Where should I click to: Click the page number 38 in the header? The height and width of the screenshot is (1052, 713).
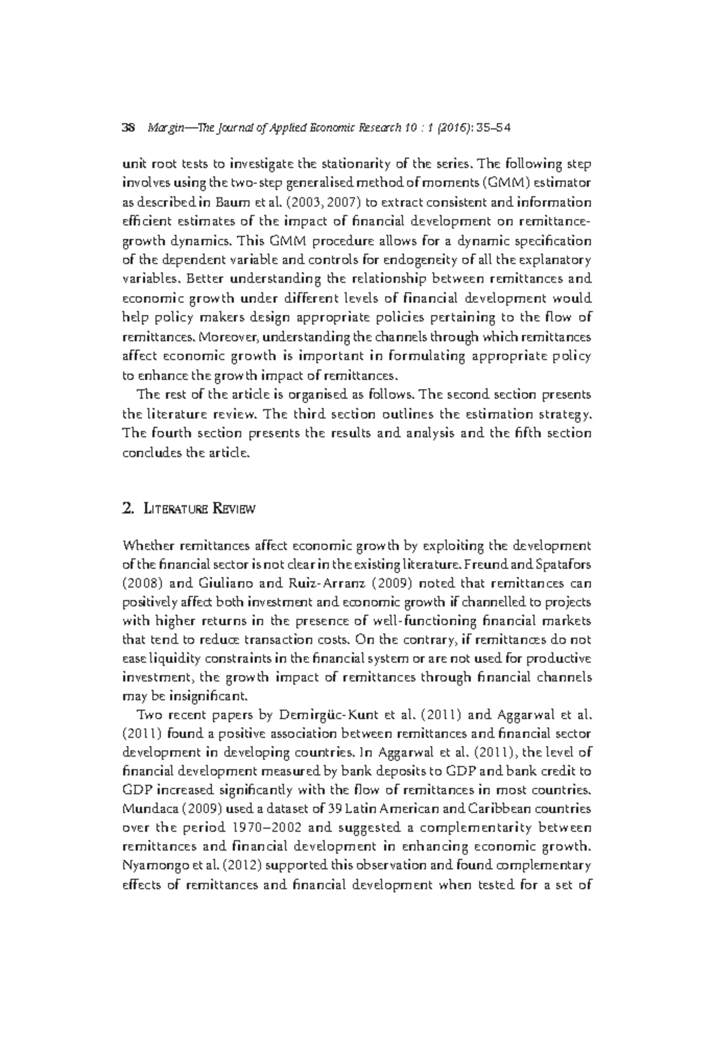[x=129, y=128]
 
